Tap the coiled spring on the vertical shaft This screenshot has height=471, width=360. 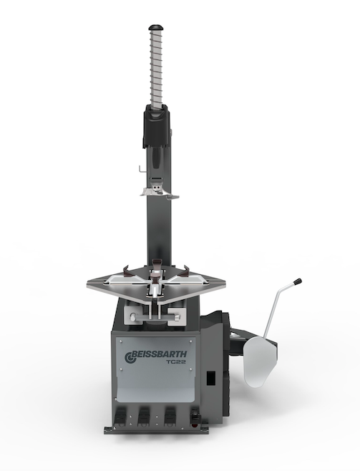click(x=156, y=69)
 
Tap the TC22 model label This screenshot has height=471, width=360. click(x=176, y=362)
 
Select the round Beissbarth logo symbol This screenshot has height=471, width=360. click(x=129, y=357)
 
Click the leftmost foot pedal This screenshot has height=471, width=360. click(x=120, y=417)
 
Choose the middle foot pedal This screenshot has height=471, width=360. click(x=144, y=417)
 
